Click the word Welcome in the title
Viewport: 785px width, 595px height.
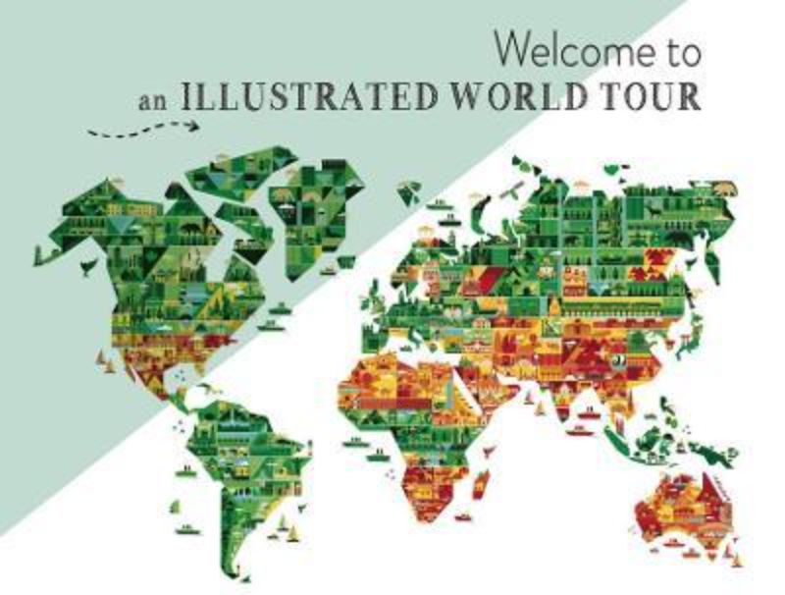(571, 52)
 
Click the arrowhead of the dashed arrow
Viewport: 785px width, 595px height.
(192, 125)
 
